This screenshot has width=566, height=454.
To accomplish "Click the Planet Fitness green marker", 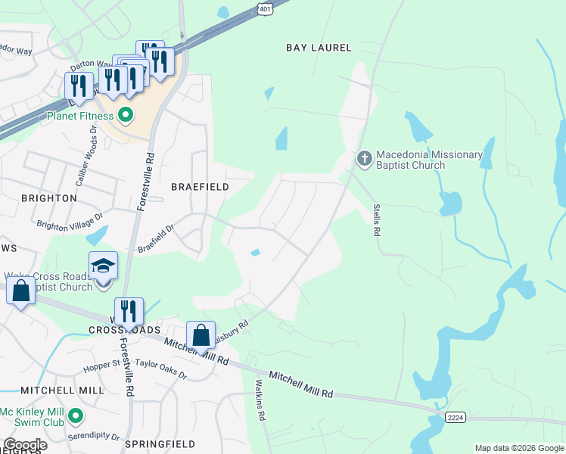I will pyautogui.click(x=126, y=116).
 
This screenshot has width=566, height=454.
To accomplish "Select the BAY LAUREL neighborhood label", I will pyautogui.click(x=319, y=48).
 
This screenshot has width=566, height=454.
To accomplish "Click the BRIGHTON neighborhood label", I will pyautogui.click(x=49, y=198).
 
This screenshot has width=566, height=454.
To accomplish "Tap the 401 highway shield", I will pyautogui.click(x=263, y=8).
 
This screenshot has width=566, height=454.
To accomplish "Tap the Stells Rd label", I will pyautogui.click(x=375, y=219).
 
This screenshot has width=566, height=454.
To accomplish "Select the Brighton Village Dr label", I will pyautogui.click(x=70, y=225).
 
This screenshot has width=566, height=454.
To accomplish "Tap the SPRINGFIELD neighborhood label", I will pyautogui.click(x=160, y=444).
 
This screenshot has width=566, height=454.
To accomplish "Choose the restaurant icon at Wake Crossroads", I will pyautogui.click(x=129, y=311).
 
